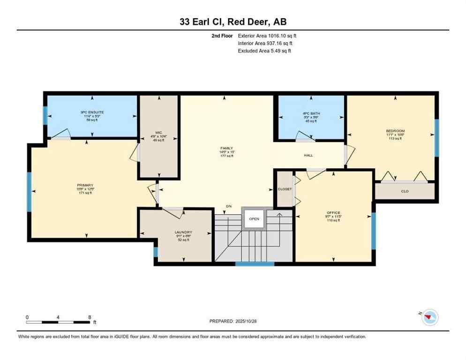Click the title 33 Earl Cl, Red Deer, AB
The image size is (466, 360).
[233, 22]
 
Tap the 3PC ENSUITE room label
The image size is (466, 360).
[91, 112]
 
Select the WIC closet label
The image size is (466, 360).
[158, 136]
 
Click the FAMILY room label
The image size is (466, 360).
[226, 148]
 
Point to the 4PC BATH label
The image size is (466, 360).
[311, 112]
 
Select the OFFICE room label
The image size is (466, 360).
[333, 213]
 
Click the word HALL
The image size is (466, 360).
[308, 155]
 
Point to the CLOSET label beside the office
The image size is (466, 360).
[284, 189]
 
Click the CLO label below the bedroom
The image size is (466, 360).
[405, 191]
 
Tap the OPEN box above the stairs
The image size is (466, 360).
[254, 218]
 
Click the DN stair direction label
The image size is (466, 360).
[228, 206]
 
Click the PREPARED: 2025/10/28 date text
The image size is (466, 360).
[233, 321]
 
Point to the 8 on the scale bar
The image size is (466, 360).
[90, 317]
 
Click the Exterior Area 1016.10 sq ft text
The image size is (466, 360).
[267, 35]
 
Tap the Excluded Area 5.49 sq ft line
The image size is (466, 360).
[265, 51]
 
